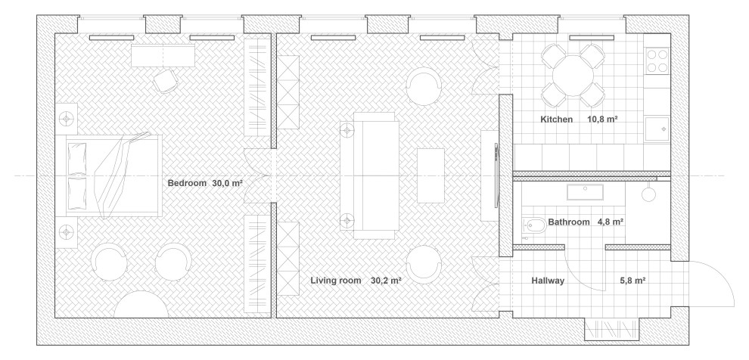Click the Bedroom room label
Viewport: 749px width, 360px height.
tap(188, 183)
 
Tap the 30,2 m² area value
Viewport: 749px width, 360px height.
tap(386, 281)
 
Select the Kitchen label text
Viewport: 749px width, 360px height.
tap(557, 119)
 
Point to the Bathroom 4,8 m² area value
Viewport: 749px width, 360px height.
tap(610, 222)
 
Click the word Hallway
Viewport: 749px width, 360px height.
tap(548, 281)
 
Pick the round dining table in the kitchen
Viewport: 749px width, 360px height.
tap(573, 76)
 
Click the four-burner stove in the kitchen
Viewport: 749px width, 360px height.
tap(657, 61)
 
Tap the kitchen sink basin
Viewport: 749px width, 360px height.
tap(657, 129)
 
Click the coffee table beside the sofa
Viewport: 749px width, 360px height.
tap(431, 175)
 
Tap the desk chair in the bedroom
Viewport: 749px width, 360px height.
tap(166, 81)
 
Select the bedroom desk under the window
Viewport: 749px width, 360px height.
tap(163, 55)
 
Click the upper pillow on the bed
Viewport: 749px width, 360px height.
tap(77, 159)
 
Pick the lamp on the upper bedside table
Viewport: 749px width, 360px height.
tap(66, 117)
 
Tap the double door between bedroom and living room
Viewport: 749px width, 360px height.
tap(258, 175)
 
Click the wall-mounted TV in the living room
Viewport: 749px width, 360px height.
tap(497, 175)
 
